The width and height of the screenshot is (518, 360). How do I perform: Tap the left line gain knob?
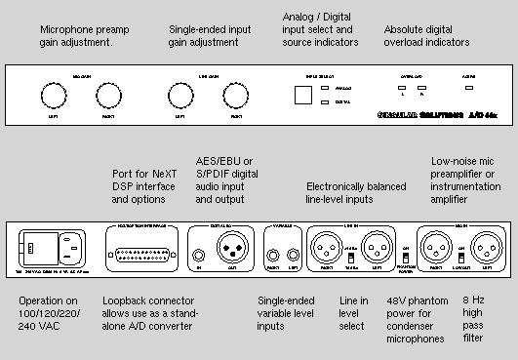179,96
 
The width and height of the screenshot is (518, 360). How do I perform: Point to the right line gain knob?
234,96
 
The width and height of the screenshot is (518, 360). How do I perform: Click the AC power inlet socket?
65,240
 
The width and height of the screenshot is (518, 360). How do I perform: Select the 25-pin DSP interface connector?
140,241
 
